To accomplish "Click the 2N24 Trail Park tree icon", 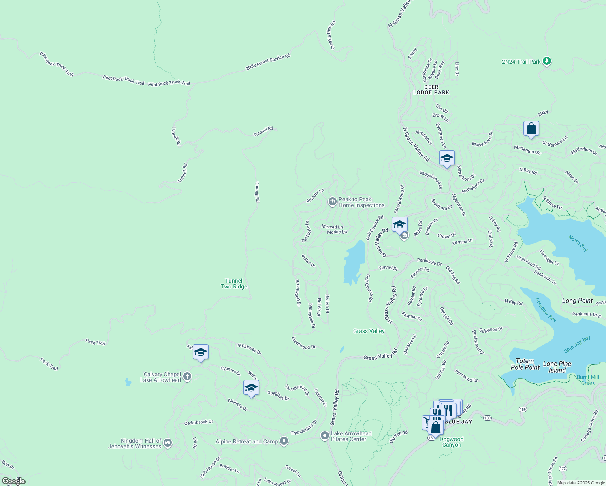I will click(x=547, y=61).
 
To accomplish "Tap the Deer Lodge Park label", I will click(x=431, y=90).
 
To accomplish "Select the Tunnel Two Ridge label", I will click(x=234, y=283).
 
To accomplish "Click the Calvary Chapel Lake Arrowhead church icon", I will click(x=187, y=377).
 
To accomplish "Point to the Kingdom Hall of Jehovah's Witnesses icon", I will click(x=168, y=443).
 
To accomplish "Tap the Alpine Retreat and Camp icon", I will click(x=284, y=441).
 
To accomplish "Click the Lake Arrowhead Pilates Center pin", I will click(x=324, y=436).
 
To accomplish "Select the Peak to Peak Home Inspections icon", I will click(x=332, y=202).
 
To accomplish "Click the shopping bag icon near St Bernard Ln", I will click(x=531, y=129).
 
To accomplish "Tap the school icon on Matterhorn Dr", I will click(x=446, y=158).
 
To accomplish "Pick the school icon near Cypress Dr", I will click(x=201, y=352).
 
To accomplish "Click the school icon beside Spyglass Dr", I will click(x=251, y=388).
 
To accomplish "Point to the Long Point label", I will click(x=577, y=301).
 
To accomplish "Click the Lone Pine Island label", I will click(x=557, y=367).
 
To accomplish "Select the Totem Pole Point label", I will click(x=525, y=364).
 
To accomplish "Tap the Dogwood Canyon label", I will click(x=451, y=442).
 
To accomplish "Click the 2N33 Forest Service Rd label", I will click(x=268, y=62).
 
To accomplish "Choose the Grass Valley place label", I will click(x=369, y=331).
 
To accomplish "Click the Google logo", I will click(x=13, y=481).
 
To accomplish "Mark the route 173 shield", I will click(x=563, y=469).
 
